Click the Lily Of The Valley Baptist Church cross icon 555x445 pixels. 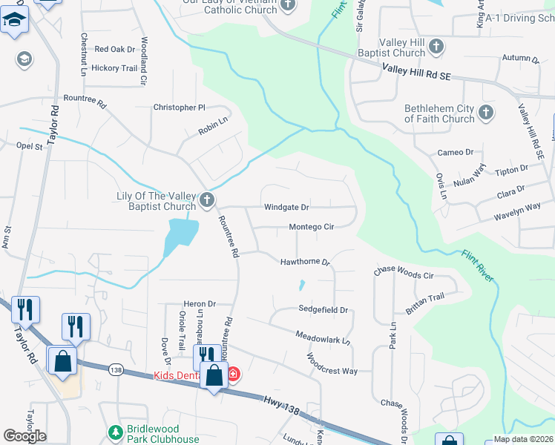click(x=207, y=199)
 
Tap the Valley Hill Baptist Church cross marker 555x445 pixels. click(x=436, y=47)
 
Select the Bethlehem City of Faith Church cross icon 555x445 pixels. click(x=486, y=113)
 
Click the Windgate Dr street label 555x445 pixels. click(x=286, y=208)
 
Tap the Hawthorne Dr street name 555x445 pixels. click(x=304, y=262)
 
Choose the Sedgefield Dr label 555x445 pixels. click(x=323, y=309)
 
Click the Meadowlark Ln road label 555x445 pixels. click(x=322, y=339)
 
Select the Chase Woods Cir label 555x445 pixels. click(x=403, y=274)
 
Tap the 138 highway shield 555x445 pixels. click(x=116, y=369)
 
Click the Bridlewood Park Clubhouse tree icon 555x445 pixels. click(x=115, y=432)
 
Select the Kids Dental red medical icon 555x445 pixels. click(x=233, y=374)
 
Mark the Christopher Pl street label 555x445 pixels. click(x=179, y=108)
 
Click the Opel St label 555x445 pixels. click(x=30, y=146)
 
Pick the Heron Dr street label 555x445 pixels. click(x=200, y=304)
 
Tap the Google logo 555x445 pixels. click(x=24, y=436)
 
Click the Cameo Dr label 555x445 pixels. click(x=455, y=153)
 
